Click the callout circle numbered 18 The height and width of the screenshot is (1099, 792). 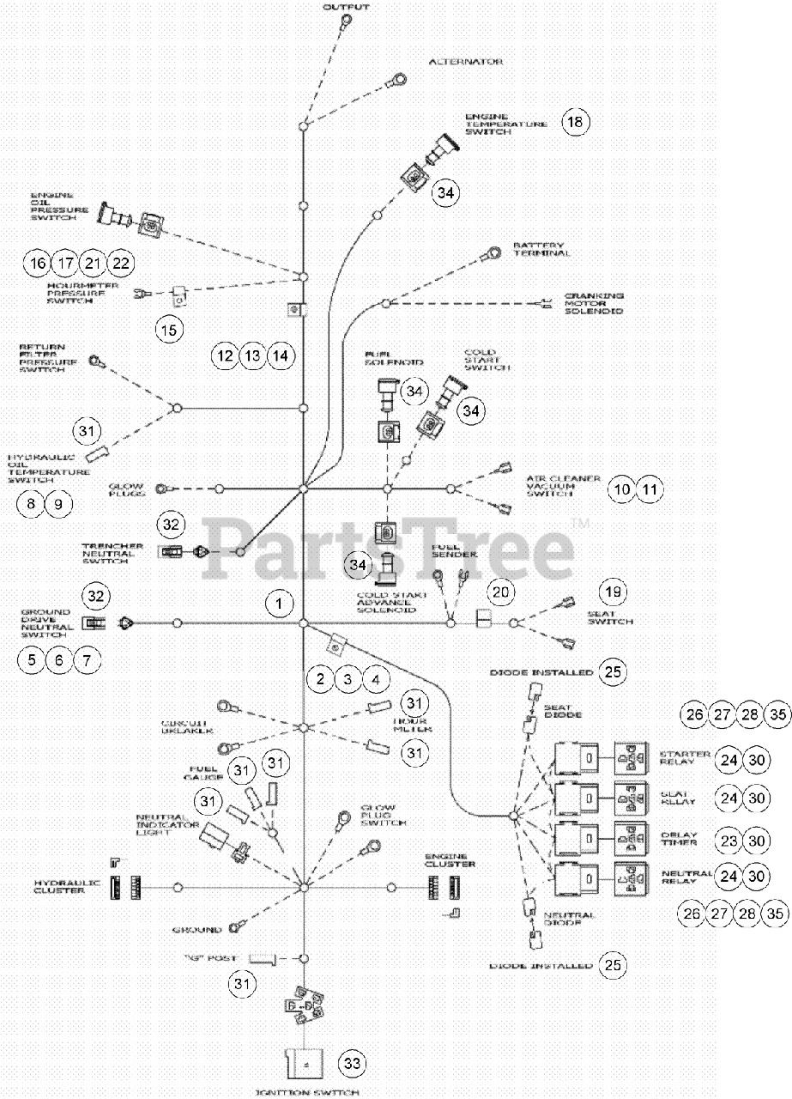click(x=575, y=122)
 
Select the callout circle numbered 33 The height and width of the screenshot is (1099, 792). click(x=351, y=1063)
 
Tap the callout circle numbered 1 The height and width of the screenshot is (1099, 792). click(x=279, y=604)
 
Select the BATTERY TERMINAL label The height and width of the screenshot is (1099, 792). click(x=541, y=249)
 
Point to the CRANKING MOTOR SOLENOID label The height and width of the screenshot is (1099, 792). click(x=593, y=303)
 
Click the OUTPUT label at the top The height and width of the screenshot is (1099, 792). click(x=347, y=7)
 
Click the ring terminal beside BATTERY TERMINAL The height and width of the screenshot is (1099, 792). click(x=494, y=254)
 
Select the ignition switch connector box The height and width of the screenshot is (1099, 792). click(x=302, y=1063)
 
